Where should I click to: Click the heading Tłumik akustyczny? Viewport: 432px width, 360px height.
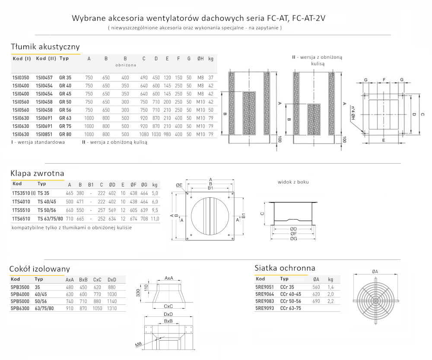pyautogui.click(x=45, y=47)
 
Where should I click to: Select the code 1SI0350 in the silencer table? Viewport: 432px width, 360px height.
pyautogui.click(x=21, y=78)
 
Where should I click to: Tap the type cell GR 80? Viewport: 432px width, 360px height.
pyautogui.click(x=65, y=134)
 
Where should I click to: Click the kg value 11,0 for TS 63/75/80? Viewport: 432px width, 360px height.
pyautogui.click(x=155, y=219)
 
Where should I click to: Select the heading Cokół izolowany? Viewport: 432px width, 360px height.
pyautogui.click(x=40, y=269)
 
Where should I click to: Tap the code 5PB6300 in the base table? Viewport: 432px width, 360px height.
pyautogui.click(x=19, y=308)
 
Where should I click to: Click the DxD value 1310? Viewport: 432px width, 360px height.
pyautogui.click(x=112, y=308)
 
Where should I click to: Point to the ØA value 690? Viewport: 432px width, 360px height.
pyautogui.click(x=316, y=300)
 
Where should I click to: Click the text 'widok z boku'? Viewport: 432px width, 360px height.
pyautogui.click(x=293, y=182)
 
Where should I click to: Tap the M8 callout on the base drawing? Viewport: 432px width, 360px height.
pyautogui.click(x=138, y=344)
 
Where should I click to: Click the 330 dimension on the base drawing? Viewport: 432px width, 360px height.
pyautogui.click(x=138, y=294)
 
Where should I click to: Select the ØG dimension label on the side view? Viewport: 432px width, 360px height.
pyautogui.click(x=293, y=239)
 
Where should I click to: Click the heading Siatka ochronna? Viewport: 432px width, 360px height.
pyautogui.click(x=285, y=268)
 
